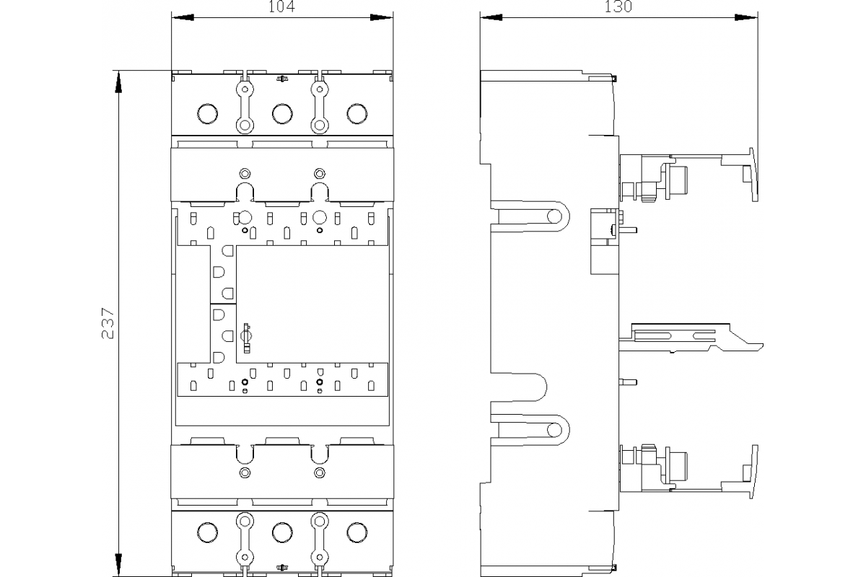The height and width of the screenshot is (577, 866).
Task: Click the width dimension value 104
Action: coord(282,6)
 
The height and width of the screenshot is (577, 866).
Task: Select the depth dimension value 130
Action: coord(618,6)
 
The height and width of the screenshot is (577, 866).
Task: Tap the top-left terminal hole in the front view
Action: coord(207,113)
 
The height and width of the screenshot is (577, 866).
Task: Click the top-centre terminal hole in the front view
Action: coord(282,113)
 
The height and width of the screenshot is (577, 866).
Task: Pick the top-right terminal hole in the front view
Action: coord(357,113)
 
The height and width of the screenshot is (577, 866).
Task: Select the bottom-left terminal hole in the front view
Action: coord(207,532)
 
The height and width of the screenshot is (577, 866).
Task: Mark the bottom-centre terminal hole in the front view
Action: coord(282,532)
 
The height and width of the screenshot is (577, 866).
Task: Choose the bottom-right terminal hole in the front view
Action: coord(357,532)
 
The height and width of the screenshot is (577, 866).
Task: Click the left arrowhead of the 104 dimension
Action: coord(180,17)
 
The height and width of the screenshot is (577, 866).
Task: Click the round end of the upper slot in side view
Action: coord(556,216)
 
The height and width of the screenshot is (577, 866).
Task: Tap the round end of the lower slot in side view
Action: coord(555,431)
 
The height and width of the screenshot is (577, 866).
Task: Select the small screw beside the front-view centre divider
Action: coord(245,335)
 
